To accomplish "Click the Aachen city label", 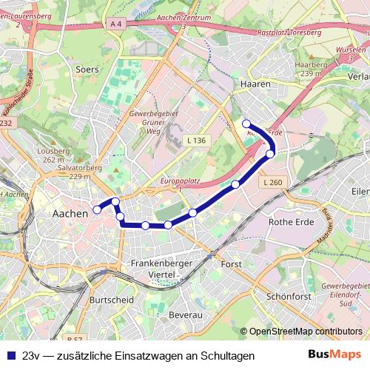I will click(x=70, y=213).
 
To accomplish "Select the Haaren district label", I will click(x=254, y=85).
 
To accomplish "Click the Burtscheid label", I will click(x=111, y=300).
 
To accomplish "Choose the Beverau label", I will click(x=185, y=315).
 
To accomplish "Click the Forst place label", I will click(x=232, y=263).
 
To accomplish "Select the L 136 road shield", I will click(x=195, y=140).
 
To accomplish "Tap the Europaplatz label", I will click(x=181, y=181).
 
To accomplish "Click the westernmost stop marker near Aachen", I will click(x=97, y=210).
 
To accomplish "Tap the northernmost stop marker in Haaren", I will click(x=246, y=124).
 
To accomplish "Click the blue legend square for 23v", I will click(x=11, y=355).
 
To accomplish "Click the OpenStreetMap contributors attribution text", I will click(x=306, y=332).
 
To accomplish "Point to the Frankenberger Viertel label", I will click(x=161, y=269).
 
